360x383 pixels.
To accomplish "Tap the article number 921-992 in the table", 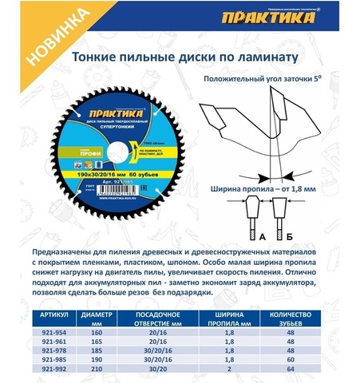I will [x=53, y=369].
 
